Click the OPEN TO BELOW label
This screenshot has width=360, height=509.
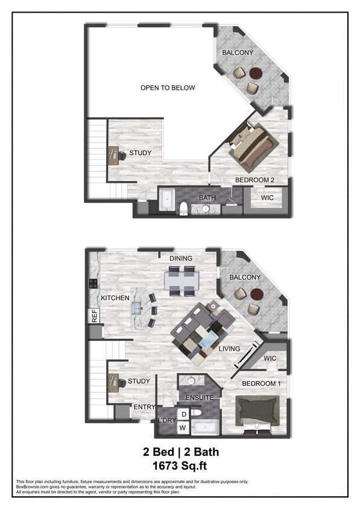[168, 88]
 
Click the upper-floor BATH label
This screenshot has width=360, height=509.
[207, 197]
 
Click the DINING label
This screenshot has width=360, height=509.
[181, 259]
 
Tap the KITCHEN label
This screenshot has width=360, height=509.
[116, 298]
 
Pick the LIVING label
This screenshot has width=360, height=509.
[229, 349]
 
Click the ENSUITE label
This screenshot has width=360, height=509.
[199, 398]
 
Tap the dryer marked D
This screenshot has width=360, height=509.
[183, 414]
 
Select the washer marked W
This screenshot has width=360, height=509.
[182, 428]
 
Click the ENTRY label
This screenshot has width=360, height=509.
[144, 407]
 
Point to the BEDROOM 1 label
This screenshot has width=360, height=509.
[261, 384]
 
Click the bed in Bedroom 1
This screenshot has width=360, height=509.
[257, 410]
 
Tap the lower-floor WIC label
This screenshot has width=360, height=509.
[270, 359]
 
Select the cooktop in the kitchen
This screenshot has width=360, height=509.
[93, 284]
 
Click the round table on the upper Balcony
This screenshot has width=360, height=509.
[256, 73]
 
